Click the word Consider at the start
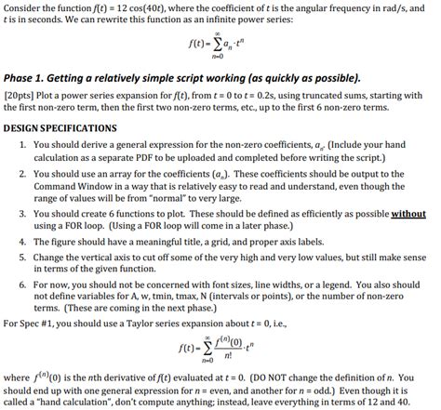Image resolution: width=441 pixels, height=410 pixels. click(20, 7)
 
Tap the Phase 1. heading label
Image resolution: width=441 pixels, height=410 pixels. click(28, 78)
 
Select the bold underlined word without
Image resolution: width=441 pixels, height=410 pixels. click(408, 213)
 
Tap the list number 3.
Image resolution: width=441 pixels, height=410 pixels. click(21, 213)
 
